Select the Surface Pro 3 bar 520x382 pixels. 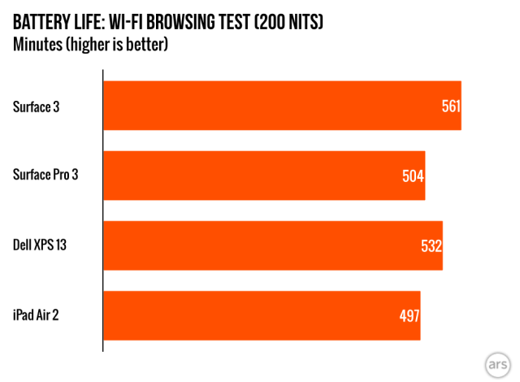260,176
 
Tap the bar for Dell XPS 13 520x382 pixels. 268,245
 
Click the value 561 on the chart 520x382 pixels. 451,106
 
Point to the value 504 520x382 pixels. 414,176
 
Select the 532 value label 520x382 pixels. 431,246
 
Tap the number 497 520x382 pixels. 409,316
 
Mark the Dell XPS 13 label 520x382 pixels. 40,245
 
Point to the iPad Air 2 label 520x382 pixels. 37,315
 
